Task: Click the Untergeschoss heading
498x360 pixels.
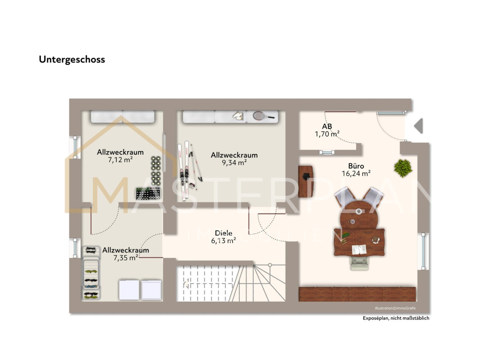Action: [72, 60]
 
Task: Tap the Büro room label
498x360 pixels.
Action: [356, 166]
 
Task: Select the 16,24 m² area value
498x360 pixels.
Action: [356, 174]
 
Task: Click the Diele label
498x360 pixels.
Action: [223, 233]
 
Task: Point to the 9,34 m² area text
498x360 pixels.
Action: [234, 163]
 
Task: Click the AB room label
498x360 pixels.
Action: [327, 126]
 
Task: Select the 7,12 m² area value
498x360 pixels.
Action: [120, 160]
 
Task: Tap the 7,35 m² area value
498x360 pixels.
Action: [126, 258]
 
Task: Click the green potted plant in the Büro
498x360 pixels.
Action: [403, 168]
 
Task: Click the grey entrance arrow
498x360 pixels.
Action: [418, 126]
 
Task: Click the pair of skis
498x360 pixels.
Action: [183, 171]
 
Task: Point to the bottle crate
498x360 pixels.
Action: [148, 193]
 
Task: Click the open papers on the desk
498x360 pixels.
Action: [359, 249]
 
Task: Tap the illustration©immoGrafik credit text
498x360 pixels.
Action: [395, 308]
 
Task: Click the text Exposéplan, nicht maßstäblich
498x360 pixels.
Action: [396, 318]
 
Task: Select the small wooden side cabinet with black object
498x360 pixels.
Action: [306, 181]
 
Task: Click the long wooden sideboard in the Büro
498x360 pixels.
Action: [357, 294]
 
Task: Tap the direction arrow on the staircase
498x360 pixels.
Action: [187, 283]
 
